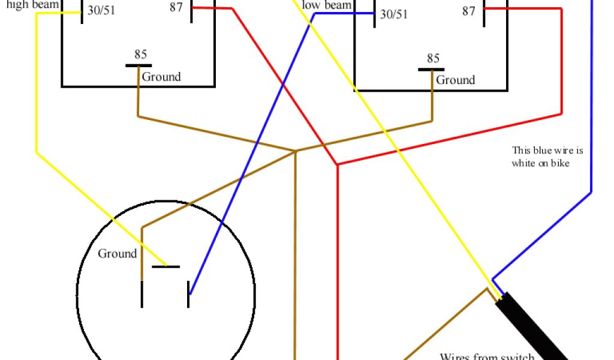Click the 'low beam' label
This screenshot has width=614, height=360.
tap(326, 5)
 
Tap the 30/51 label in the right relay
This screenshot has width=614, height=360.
tap(393, 14)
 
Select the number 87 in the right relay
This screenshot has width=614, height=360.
tap(469, 11)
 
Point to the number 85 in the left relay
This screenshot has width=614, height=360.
tap(140, 55)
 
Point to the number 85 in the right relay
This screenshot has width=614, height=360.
tap(433, 59)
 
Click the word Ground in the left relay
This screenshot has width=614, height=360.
tap(161, 77)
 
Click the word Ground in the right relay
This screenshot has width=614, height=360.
tap(455, 80)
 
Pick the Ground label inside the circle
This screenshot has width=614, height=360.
tap(118, 254)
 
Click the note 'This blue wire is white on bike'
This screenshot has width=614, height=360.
tap(547, 157)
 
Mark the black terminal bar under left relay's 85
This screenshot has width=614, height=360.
tap(139, 65)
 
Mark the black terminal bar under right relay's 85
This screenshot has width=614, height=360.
tap(432, 70)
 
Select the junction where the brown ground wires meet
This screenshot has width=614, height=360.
tap(295, 151)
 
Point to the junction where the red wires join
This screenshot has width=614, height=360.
tap(338, 164)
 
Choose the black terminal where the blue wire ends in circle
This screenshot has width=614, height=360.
tap(189, 294)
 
